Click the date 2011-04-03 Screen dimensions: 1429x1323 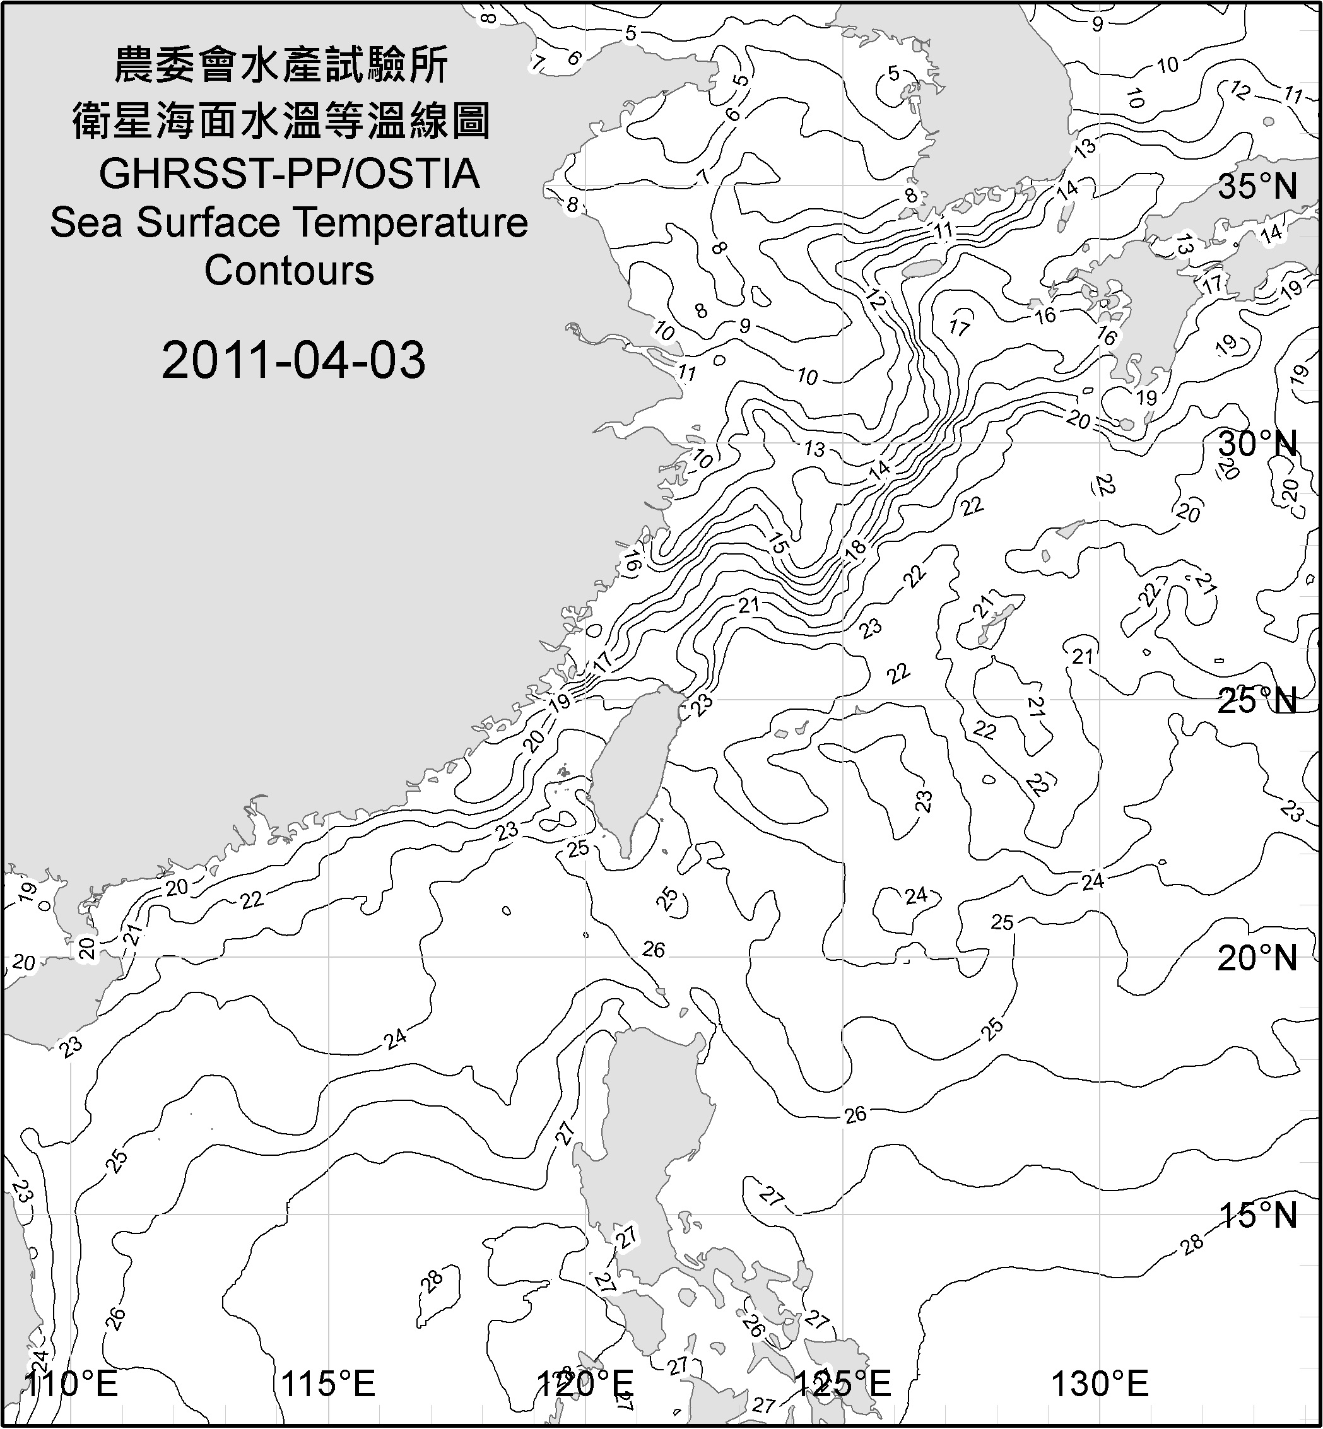[x=293, y=360]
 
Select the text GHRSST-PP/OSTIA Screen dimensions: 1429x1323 [x=289, y=174]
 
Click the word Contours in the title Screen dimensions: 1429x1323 [x=289, y=271]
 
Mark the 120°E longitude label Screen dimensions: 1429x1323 [x=585, y=1383]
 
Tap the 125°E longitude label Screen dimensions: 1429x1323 [x=844, y=1383]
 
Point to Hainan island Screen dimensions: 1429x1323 [x=54, y=995]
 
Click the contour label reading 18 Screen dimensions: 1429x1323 [x=856, y=548]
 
